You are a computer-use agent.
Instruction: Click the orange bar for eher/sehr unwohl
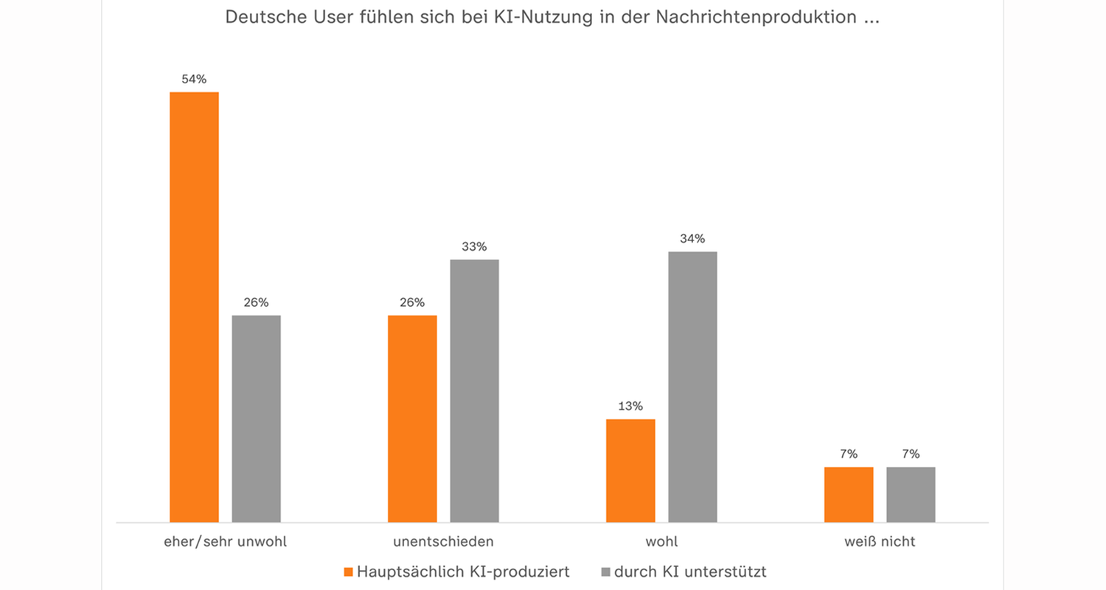(194, 307)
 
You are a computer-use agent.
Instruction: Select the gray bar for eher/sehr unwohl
(256, 418)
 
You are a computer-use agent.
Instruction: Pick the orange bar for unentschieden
(412, 418)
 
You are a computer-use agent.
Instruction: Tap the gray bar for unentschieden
(474, 390)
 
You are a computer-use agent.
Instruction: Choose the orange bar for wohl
(630, 471)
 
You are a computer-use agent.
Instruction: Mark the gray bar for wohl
(692, 386)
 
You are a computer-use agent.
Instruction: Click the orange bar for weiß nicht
(849, 494)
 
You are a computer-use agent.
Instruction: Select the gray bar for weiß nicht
(911, 494)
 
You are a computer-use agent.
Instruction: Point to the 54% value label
(194, 78)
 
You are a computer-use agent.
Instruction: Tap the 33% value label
(474, 246)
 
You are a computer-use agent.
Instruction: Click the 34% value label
(692, 238)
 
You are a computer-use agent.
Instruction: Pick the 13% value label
(630, 406)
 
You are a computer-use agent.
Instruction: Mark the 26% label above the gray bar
(256, 302)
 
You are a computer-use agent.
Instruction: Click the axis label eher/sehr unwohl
(225, 541)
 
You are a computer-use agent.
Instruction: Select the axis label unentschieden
(443, 541)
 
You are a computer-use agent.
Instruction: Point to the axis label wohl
(661, 541)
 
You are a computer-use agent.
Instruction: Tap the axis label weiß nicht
(880, 541)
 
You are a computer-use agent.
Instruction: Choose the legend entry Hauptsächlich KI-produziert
(462, 572)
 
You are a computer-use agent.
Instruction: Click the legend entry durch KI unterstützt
(690, 572)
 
